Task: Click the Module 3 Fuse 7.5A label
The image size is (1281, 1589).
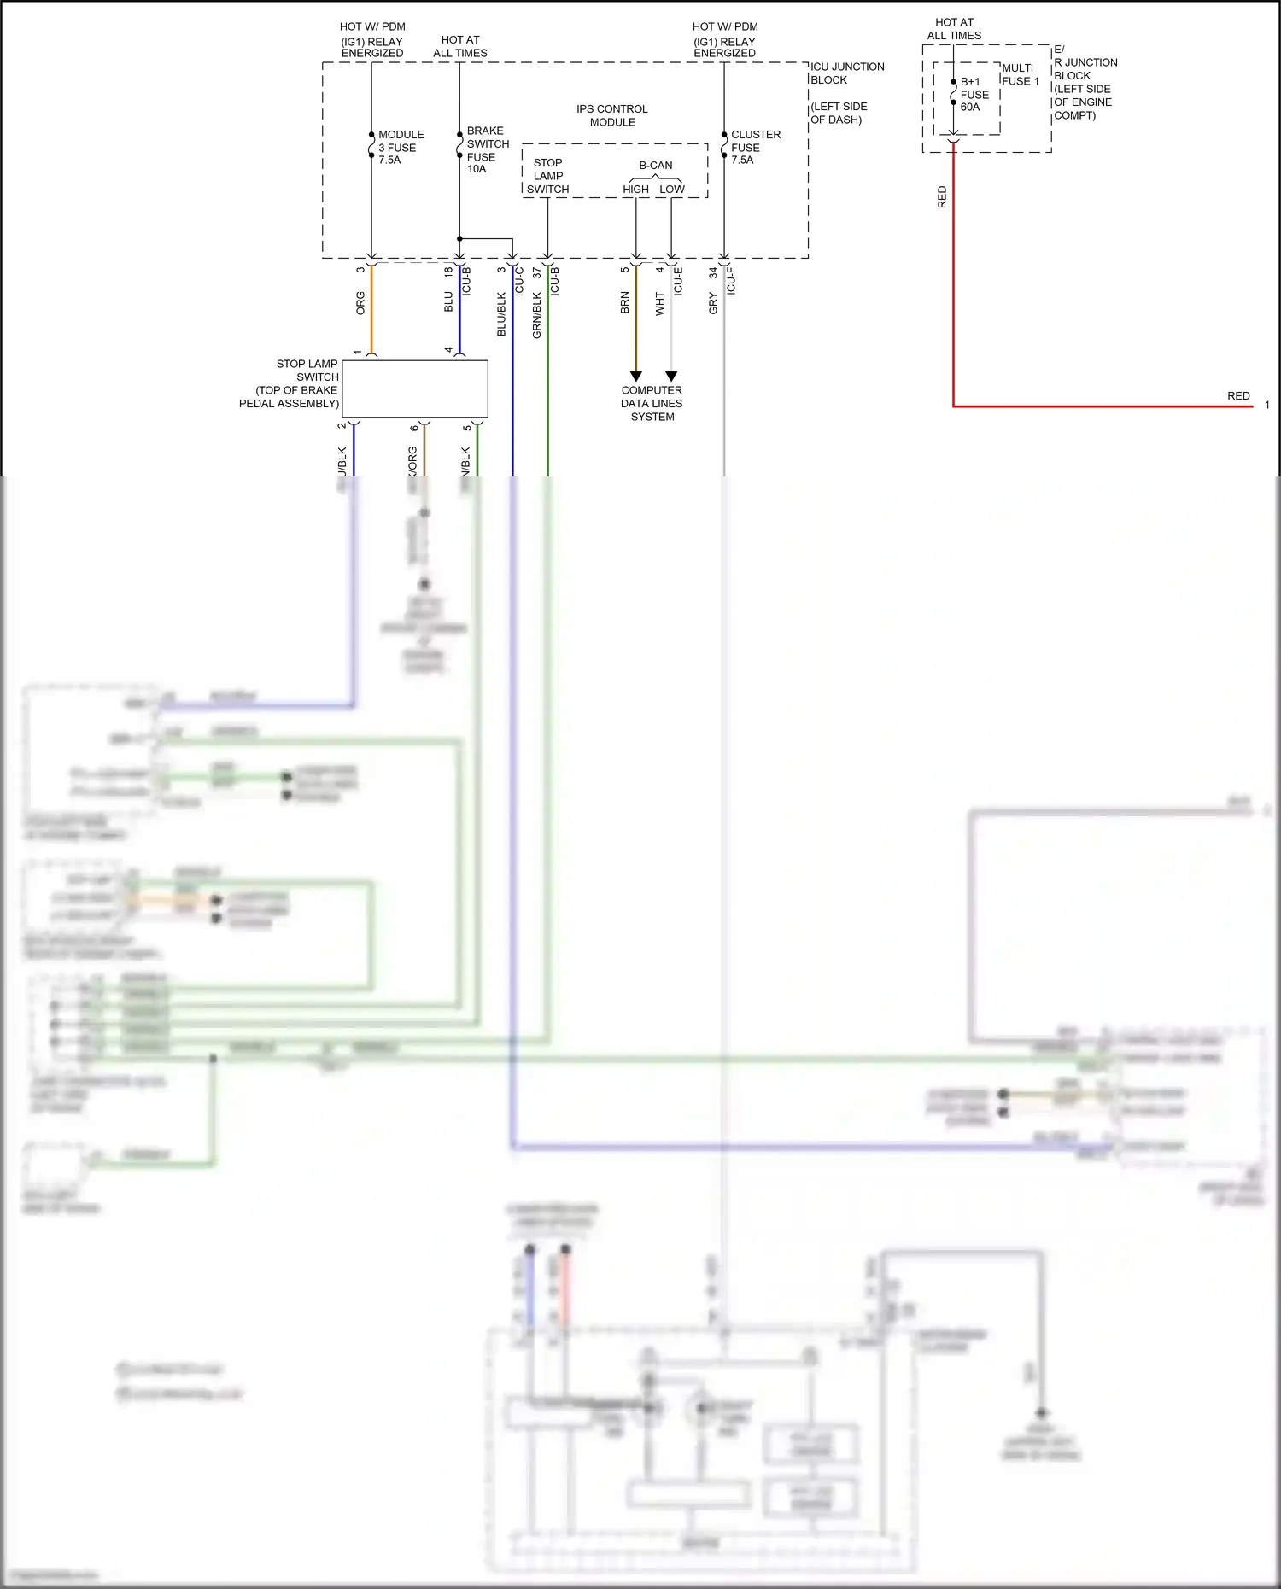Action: coord(401,147)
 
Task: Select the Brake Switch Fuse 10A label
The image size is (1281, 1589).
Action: coord(487,149)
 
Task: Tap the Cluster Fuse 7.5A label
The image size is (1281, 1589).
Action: coord(755,147)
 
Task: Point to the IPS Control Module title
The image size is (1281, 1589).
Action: coord(611,115)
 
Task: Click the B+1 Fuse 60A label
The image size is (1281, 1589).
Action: coord(974,95)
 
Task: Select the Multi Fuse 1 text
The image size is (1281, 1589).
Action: coord(1020,74)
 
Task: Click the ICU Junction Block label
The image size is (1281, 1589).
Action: coord(846,73)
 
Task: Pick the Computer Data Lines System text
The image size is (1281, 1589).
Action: coord(652,403)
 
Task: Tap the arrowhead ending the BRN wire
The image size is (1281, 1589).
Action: coord(635,376)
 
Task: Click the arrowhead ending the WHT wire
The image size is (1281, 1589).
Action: coord(671,376)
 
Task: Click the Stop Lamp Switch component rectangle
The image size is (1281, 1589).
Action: coord(414,388)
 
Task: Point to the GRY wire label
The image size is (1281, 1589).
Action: coord(713,303)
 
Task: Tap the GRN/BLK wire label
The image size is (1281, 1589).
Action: coord(536,314)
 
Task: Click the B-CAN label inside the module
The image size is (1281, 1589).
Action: coord(655,166)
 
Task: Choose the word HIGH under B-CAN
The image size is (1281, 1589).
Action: coord(635,190)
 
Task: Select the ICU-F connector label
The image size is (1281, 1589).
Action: coord(731,281)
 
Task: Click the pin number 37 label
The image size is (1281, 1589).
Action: coord(536,272)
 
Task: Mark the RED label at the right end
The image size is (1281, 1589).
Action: coord(1238,396)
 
